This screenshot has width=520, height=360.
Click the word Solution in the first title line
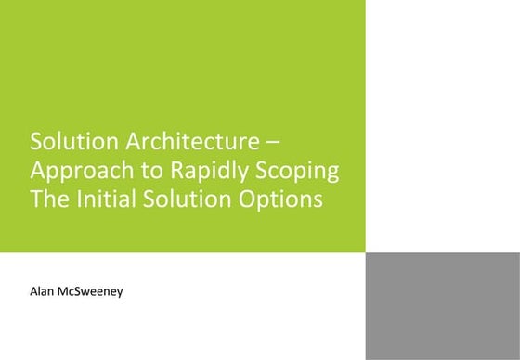64,143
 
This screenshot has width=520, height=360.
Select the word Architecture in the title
186,143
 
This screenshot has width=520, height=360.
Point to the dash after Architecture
284,144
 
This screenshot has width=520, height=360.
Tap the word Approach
76,173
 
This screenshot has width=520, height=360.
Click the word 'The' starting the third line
48,199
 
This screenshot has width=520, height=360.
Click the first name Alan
44,292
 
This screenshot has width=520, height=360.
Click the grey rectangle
442,305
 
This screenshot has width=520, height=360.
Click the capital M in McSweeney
69,292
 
